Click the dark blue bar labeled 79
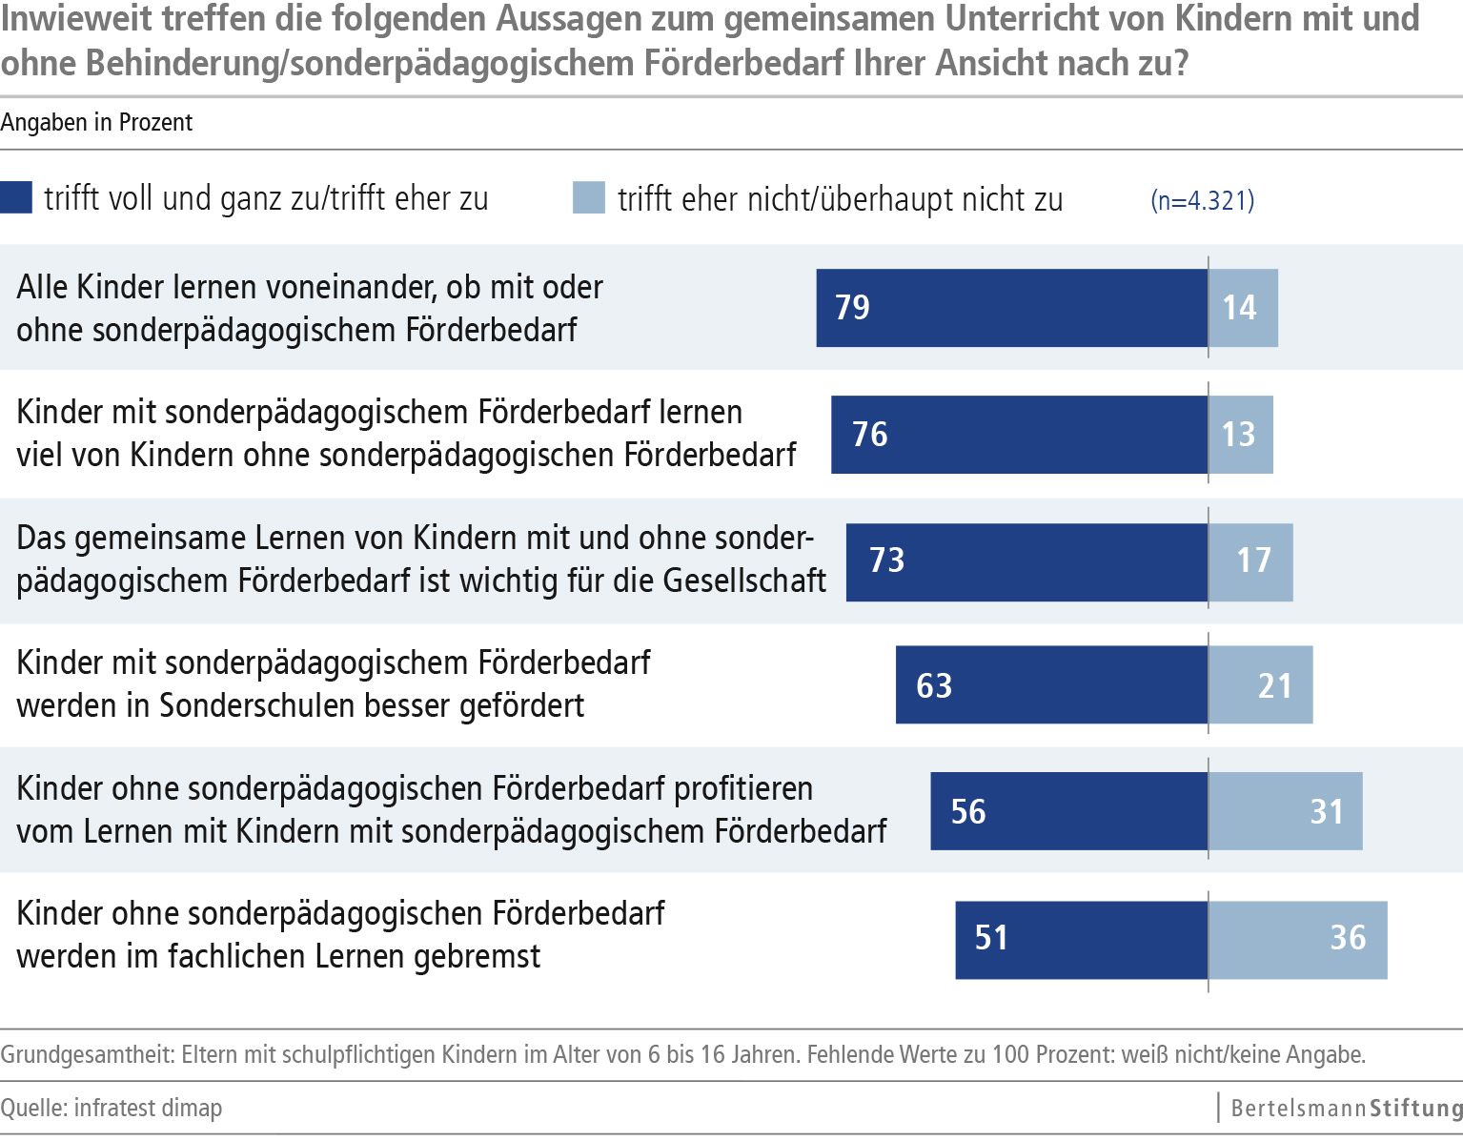(x=1011, y=308)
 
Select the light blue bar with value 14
(x=1243, y=308)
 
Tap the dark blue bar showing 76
(x=1019, y=435)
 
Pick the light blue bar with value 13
(x=1240, y=435)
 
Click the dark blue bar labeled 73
(x=1026, y=560)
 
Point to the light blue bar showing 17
(x=1250, y=560)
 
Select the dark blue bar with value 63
(x=1051, y=685)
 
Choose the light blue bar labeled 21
(x=1260, y=685)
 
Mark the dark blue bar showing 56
(x=1068, y=811)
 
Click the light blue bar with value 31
(x=1285, y=811)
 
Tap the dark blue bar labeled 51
(x=1081, y=938)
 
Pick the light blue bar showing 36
(x=1297, y=938)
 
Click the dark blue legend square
(x=16, y=197)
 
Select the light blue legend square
(x=588, y=197)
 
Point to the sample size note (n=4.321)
(x=1202, y=200)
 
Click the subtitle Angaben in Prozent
(x=96, y=123)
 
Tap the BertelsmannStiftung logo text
(x=1346, y=1108)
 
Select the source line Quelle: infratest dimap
(x=112, y=1108)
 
